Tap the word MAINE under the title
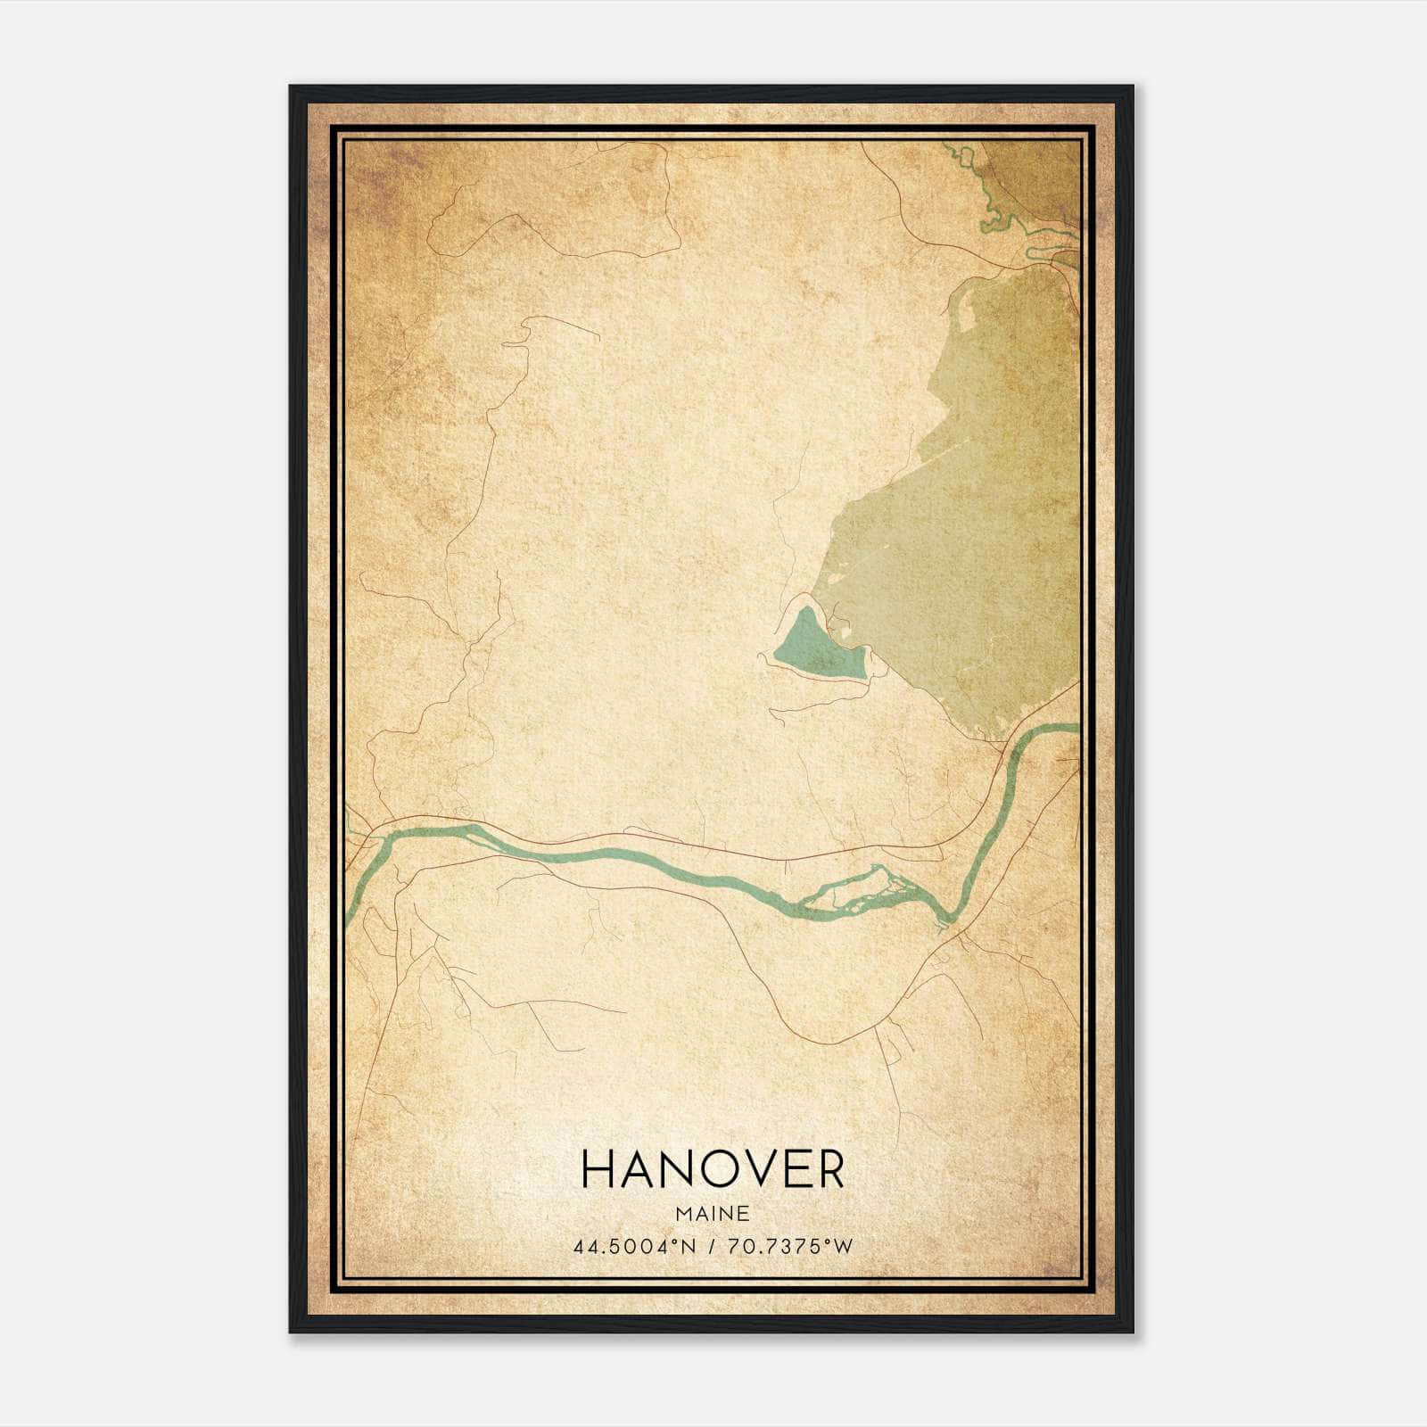[x=712, y=1214]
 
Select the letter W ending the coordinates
[x=844, y=1246]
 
